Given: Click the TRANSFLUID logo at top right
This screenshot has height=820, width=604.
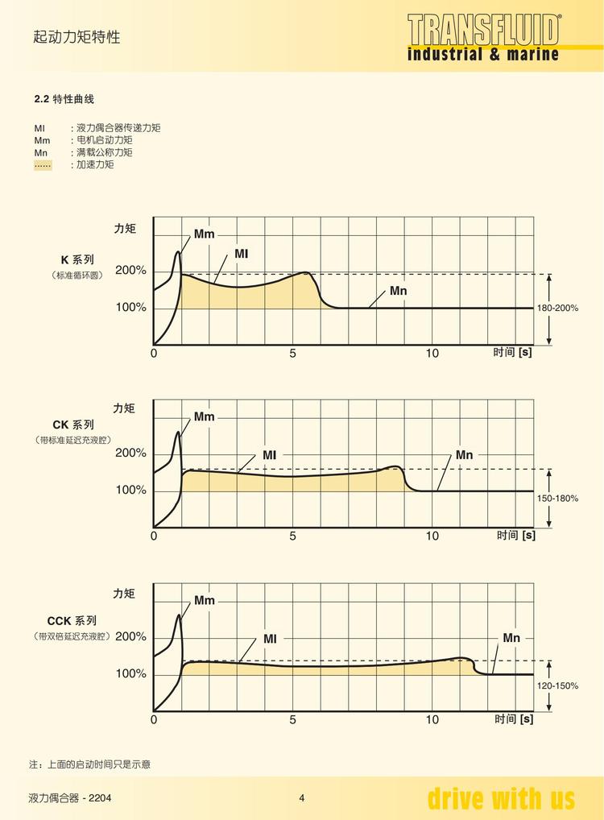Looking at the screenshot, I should (x=482, y=38).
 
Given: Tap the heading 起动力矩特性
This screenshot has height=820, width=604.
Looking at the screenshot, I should (x=77, y=36).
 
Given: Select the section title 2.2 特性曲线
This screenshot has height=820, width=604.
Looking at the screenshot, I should (x=64, y=99).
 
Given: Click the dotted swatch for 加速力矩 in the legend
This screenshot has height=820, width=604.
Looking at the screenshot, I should (x=43, y=164).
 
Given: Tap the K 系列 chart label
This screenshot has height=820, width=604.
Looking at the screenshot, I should (x=77, y=259).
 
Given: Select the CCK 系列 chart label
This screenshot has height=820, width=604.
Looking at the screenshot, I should (x=72, y=620).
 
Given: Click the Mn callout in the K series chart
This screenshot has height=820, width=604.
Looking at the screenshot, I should (x=398, y=290).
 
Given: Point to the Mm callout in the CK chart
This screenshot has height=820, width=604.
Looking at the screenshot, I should (x=204, y=417).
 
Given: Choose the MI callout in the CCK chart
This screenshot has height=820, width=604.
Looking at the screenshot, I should (x=270, y=639).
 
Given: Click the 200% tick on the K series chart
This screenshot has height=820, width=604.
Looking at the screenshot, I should (x=130, y=271).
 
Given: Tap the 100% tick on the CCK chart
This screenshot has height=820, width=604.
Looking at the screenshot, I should (x=130, y=673).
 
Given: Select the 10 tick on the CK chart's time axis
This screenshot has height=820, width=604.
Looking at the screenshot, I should (x=432, y=536).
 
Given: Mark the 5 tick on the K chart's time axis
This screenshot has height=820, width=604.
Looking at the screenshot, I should (x=293, y=353).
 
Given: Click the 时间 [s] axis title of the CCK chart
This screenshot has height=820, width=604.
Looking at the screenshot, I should (x=514, y=719).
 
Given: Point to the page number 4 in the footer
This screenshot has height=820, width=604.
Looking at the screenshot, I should (x=302, y=798).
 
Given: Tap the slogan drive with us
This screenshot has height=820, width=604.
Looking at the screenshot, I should (x=501, y=798).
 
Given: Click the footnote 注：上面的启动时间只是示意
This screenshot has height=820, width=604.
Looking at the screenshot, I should (x=89, y=764).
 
